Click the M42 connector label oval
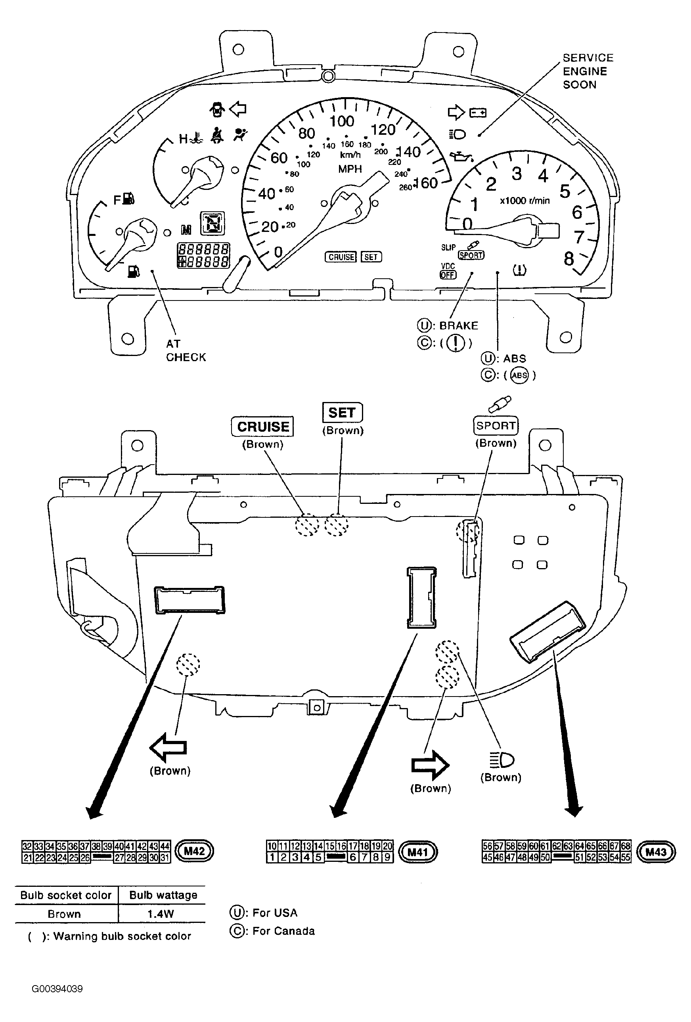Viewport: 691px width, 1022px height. (194, 851)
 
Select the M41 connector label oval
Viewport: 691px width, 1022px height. (417, 852)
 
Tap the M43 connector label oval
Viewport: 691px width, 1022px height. (655, 852)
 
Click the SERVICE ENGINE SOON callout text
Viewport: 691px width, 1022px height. (587, 71)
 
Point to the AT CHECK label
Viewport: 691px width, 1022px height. (185, 350)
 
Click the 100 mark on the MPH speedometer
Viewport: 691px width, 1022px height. (342, 121)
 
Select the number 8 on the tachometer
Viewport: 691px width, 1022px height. (569, 259)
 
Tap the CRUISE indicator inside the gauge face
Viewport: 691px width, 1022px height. (341, 257)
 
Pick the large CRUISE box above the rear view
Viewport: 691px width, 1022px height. (262, 427)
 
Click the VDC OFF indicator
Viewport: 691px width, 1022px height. (448, 271)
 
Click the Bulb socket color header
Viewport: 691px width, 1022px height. (66, 895)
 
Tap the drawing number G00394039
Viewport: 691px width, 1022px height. (57, 989)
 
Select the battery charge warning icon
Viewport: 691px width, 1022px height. (478, 113)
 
